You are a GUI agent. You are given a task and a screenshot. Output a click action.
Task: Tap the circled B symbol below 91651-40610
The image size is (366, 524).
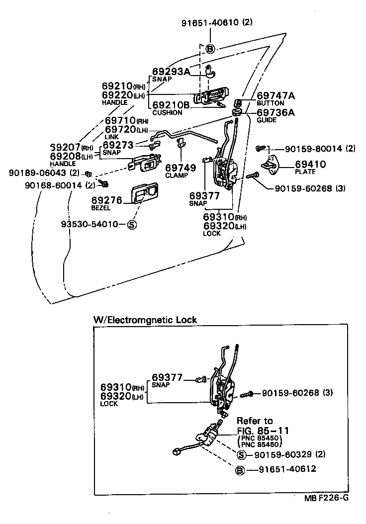pyautogui.click(x=210, y=49)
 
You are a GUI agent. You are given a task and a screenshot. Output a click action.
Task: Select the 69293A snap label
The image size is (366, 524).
pyautogui.click(x=170, y=72)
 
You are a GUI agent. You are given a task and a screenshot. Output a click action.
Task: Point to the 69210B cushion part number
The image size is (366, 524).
pyautogui.click(x=170, y=105)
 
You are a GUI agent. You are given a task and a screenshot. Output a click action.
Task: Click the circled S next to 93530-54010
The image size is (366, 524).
pyautogui.click(x=132, y=224)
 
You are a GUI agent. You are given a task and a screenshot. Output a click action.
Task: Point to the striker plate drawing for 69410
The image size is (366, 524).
pyautogui.click(x=272, y=164)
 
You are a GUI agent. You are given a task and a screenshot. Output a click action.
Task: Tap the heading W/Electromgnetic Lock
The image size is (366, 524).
pyautogui.click(x=145, y=320)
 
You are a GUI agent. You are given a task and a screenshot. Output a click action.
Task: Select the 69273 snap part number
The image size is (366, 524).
pyautogui.click(x=119, y=145)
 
